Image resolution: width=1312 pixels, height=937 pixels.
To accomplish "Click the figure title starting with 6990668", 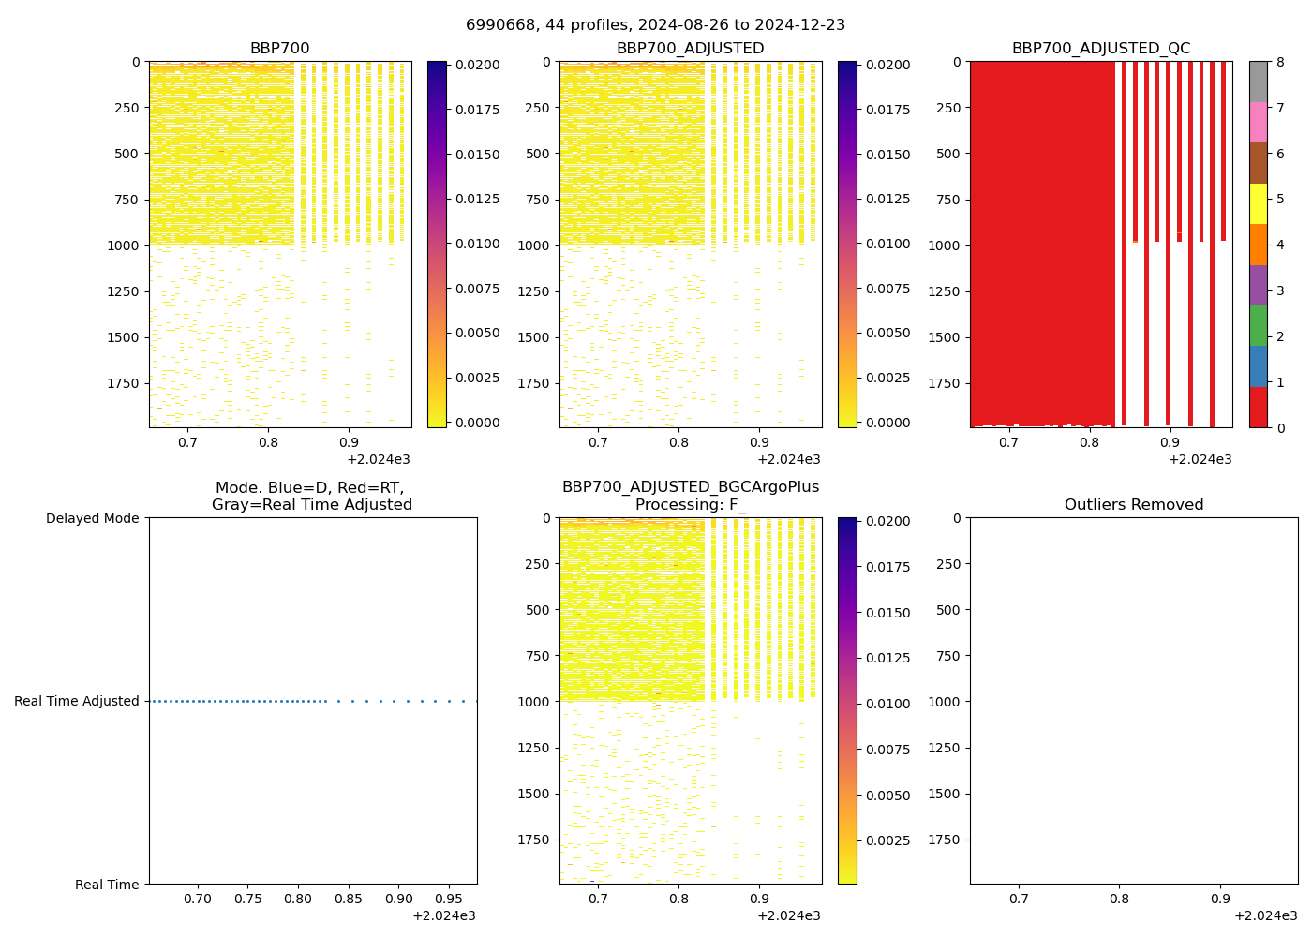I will point(655,25).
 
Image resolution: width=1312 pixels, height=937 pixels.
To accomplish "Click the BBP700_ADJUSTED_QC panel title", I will point(1100,49).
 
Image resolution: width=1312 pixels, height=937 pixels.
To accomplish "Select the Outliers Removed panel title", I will point(1133,505).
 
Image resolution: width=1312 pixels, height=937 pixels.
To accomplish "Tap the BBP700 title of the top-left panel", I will point(279,49).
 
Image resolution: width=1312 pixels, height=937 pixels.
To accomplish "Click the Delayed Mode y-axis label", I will point(92,518).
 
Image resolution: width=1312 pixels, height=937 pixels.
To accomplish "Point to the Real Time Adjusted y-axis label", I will point(76,701).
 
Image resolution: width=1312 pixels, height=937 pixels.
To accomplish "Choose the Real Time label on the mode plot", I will point(107,885).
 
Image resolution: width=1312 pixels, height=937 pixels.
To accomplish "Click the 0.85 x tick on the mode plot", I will point(349,899).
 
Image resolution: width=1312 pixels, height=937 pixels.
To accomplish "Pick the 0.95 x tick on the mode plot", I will point(449,899).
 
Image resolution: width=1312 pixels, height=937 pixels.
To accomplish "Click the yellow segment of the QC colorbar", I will point(1258,203).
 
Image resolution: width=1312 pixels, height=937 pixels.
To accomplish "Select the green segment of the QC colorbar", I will point(1258,325).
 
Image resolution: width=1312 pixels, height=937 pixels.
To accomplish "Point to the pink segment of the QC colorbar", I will point(1258,122).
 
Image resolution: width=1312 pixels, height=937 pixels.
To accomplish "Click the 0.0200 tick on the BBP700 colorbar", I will point(477,65).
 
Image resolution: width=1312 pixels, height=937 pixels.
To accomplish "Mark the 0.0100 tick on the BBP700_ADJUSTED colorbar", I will point(887,244).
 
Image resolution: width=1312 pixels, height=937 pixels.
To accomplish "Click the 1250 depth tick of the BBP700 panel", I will point(126,291).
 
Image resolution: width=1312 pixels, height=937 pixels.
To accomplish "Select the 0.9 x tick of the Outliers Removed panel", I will point(1220,899).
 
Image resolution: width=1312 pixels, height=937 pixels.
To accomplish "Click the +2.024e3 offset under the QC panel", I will point(1200,459).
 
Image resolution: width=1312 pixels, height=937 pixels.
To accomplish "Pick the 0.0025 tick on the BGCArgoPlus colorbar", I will point(887,840).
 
